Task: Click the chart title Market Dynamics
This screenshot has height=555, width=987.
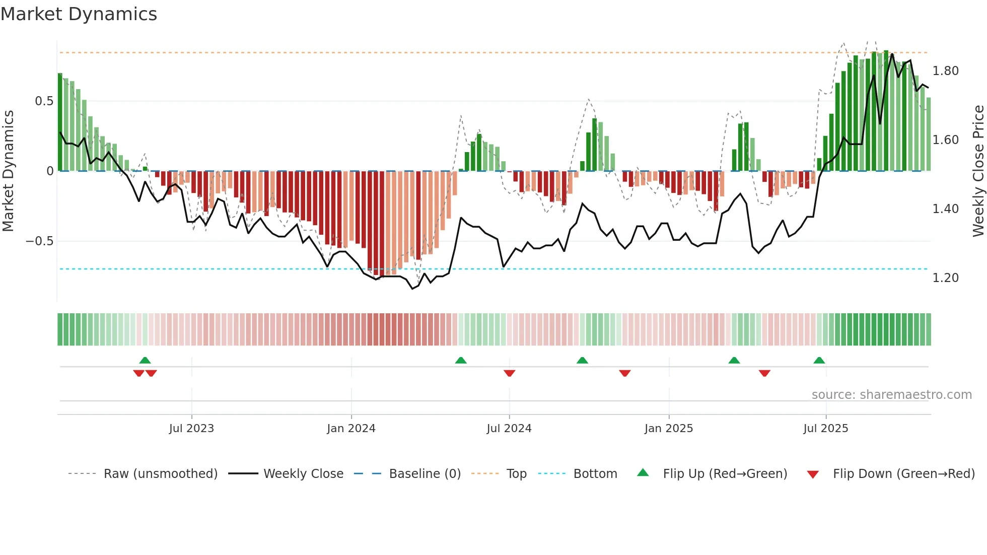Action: click(79, 14)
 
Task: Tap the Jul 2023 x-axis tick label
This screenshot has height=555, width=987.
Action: click(191, 429)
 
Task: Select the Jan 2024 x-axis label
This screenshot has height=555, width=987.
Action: click(351, 429)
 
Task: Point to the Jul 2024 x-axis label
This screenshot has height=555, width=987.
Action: click(509, 429)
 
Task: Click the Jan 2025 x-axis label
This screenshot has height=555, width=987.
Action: click(668, 429)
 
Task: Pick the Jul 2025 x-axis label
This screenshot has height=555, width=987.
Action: click(825, 429)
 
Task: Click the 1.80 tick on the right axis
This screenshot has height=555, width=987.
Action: click(945, 71)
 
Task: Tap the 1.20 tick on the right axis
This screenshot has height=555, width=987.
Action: click(945, 278)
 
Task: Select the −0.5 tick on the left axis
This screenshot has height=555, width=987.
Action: click(40, 241)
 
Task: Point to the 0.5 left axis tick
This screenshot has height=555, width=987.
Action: click(44, 101)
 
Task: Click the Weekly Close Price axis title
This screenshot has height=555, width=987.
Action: click(978, 171)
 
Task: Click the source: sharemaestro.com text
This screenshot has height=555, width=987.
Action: click(891, 395)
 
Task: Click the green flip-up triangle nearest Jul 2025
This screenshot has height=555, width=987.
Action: click(819, 361)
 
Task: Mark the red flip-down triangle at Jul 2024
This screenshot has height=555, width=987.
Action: click(509, 373)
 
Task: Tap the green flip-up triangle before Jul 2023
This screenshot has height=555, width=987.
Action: click(145, 361)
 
